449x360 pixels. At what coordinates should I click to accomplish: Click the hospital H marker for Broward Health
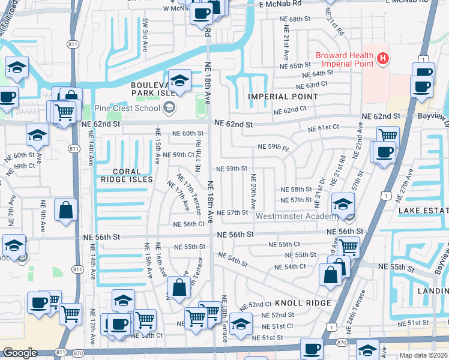[383, 59]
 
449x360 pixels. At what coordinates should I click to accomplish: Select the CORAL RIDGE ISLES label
[127, 175]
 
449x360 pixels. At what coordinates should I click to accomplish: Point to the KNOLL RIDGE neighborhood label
[304, 303]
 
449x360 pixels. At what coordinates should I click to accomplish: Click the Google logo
[20, 353]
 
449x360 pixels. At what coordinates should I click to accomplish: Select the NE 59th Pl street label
[273, 146]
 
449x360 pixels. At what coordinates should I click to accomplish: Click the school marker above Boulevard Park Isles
[179, 80]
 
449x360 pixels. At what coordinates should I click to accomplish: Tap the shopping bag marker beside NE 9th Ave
[66, 210]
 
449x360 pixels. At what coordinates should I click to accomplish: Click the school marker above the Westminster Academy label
[343, 204]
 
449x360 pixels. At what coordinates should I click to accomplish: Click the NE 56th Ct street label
[189, 224]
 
